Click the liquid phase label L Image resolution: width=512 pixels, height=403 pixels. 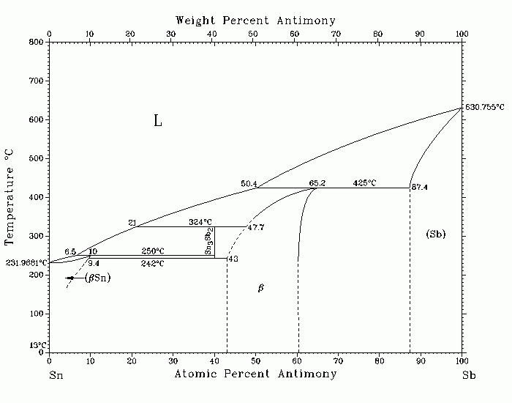tap(158, 121)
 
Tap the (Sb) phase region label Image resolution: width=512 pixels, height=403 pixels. tap(436, 234)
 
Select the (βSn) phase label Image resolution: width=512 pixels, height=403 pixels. tap(97, 278)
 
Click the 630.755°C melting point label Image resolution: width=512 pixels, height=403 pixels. tap(484, 107)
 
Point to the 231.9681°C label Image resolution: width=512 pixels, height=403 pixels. tap(26, 262)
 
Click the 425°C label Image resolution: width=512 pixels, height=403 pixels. tap(364, 183)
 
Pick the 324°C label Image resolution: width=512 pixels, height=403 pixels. tap(200, 222)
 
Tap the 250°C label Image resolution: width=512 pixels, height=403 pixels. tap(153, 251)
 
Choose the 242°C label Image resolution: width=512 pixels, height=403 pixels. tap(152, 263)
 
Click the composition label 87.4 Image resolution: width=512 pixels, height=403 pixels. tap(420, 187)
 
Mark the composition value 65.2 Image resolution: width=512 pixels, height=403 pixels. tap(317, 183)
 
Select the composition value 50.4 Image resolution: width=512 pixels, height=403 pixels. tap(249, 183)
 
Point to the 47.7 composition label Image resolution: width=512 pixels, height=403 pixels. tap(256, 227)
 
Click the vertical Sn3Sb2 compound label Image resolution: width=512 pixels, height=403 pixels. tap(209, 241)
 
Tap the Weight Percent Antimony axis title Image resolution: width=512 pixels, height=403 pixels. tap(255, 21)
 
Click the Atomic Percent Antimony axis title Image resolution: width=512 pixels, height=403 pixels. tap(255, 374)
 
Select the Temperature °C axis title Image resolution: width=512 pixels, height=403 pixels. tap(9, 197)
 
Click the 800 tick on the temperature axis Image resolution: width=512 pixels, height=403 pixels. tap(37, 42)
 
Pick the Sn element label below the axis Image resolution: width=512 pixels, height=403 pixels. tap(56, 375)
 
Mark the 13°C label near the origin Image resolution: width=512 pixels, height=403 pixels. tap(38, 345)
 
